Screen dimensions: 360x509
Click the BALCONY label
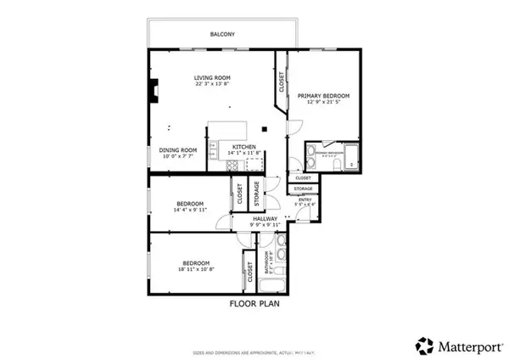pyautogui.click(x=223, y=35)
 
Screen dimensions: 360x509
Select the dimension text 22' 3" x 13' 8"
pyautogui.click(x=213, y=84)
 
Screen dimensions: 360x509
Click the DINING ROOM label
pyautogui.click(x=177, y=149)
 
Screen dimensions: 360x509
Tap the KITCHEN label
pyautogui.click(x=245, y=147)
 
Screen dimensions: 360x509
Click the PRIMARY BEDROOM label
pyautogui.click(x=323, y=96)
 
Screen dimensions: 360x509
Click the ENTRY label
pyautogui.click(x=305, y=200)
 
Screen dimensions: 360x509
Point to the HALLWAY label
pyautogui.click(x=266, y=218)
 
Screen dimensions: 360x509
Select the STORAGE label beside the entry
pyautogui.click(x=304, y=188)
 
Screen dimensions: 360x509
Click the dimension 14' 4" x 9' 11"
pyautogui.click(x=190, y=211)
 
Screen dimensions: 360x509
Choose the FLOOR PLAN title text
pyautogui.click(x=255, y=303)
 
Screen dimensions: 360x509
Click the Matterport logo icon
pyautogui.click(x=423, y=345)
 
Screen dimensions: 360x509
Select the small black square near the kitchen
pyautogui.click(x=265, y=129)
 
